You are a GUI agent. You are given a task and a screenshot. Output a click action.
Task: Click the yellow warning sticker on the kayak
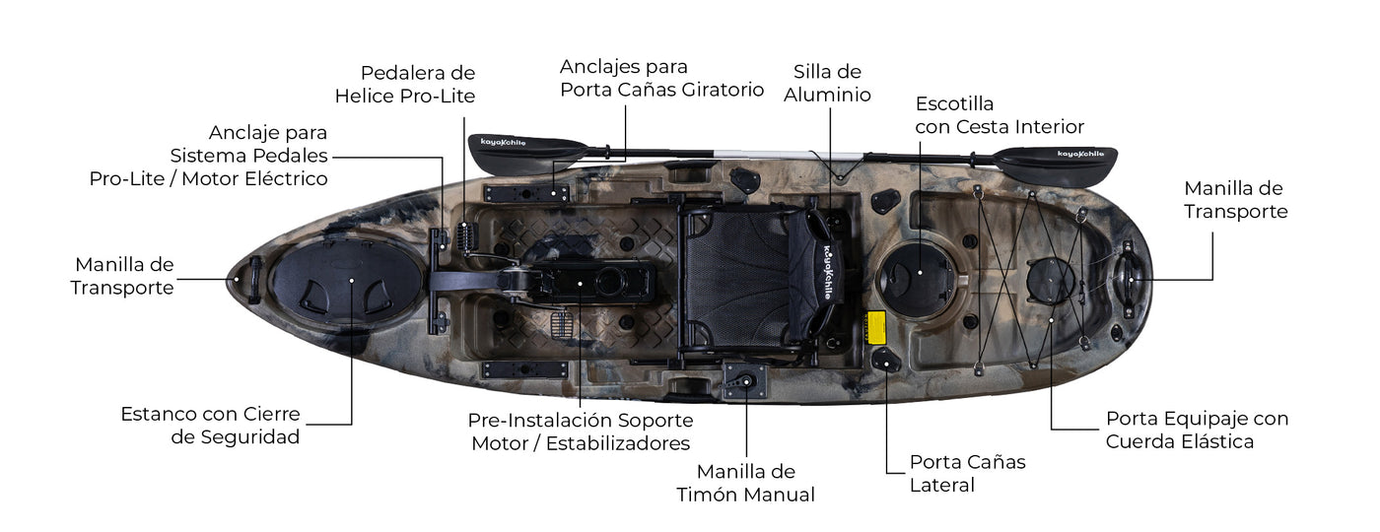coord(876,327)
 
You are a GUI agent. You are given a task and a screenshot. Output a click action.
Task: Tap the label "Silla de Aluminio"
coord(827,83)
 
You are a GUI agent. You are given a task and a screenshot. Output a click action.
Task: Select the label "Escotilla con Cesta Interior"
coord(1000,115)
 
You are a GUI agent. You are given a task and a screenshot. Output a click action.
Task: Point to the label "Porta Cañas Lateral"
coord(967,474)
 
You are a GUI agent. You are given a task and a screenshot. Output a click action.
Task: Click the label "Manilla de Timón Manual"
coord(745,483)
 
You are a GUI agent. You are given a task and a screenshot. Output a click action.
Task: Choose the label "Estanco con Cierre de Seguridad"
coord(210,425)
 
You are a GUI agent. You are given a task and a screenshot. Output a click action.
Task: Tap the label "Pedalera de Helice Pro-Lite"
coord(405,85)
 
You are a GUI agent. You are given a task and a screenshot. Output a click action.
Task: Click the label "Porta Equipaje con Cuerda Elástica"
coord(1197,430)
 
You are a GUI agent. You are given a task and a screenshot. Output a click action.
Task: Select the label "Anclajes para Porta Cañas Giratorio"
coord(661,78)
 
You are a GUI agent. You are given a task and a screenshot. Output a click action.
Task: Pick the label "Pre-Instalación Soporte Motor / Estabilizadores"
coord(581,432)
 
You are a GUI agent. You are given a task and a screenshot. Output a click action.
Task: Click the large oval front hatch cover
coord(347,281)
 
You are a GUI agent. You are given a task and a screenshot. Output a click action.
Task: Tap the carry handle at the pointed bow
coord(254,280)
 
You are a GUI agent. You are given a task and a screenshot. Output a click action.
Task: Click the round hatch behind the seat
coord(918,279)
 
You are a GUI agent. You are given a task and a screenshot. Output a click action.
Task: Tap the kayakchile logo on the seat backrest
coord(831,272)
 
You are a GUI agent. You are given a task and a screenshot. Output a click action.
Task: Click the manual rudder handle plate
coord(745,381)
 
